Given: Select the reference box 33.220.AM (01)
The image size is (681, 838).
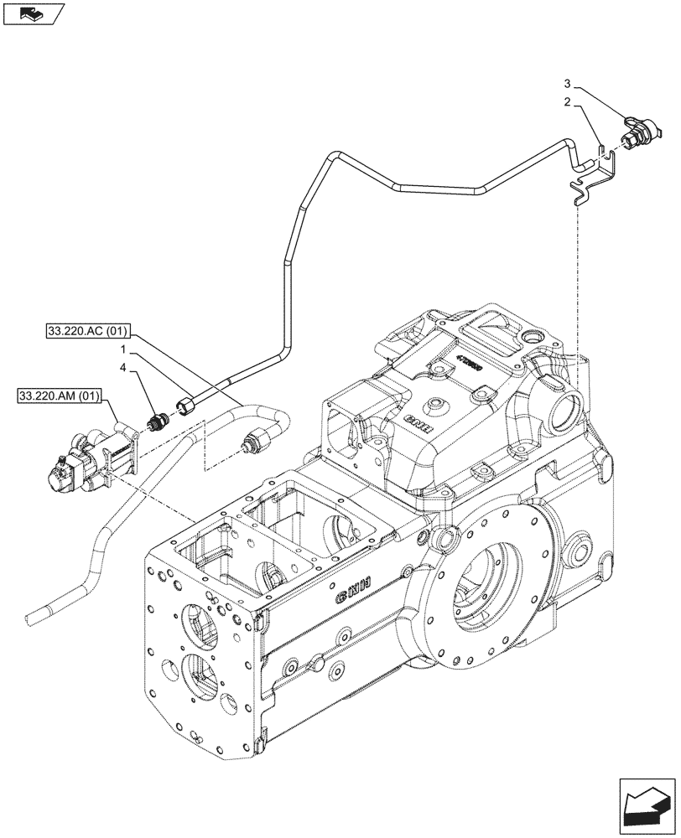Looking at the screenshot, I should tap(55, 395).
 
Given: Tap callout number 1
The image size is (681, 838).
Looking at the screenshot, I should tap(122, 349).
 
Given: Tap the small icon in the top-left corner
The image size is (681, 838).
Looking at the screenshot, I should tap(34, 13).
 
